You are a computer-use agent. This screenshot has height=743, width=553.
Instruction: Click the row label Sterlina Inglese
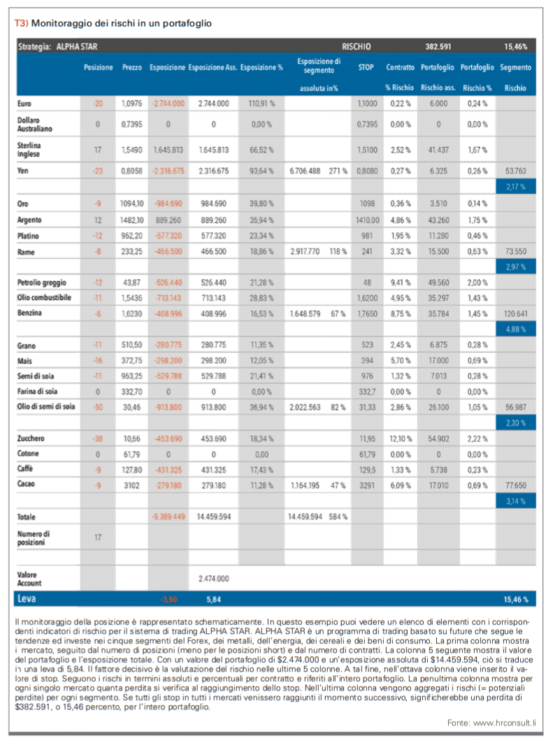click(29, 150)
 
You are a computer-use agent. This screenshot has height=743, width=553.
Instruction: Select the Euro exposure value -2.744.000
click(168, 104)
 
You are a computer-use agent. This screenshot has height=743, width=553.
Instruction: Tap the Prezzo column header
click(131, 67)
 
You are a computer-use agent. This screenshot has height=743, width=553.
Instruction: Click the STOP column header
click(366, 67)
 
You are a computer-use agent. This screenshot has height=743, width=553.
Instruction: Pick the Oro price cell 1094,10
click(131, 204)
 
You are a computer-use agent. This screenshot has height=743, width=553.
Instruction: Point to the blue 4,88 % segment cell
click(515, 329)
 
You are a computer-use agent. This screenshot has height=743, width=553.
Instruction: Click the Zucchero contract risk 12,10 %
click(401, 439)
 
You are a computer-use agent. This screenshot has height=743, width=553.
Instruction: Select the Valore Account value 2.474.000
click(213, 579)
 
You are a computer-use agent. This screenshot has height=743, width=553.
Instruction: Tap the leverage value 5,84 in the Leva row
click(213, 600)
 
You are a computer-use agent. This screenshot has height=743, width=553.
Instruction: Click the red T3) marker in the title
click(21, 23)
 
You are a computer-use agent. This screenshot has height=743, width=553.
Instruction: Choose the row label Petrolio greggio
click(42, 283)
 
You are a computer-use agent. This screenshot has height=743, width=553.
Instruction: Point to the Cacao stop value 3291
click(367, 486)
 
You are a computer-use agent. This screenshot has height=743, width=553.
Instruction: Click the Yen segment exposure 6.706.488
click(305, 171)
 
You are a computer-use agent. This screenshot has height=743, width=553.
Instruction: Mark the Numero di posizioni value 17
click(98, 537)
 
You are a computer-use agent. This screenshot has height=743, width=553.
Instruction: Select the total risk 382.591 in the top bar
click(438, 46)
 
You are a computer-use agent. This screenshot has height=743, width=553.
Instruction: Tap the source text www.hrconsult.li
click(505, 723)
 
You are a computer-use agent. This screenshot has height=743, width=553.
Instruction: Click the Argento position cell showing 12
click(98, 220)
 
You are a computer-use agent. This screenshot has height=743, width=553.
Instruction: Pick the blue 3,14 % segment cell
click(515, 501)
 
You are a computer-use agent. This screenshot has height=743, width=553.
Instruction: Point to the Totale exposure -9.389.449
click(168, 516)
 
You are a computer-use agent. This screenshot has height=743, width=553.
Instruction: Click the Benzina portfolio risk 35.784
click(438, 313)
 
